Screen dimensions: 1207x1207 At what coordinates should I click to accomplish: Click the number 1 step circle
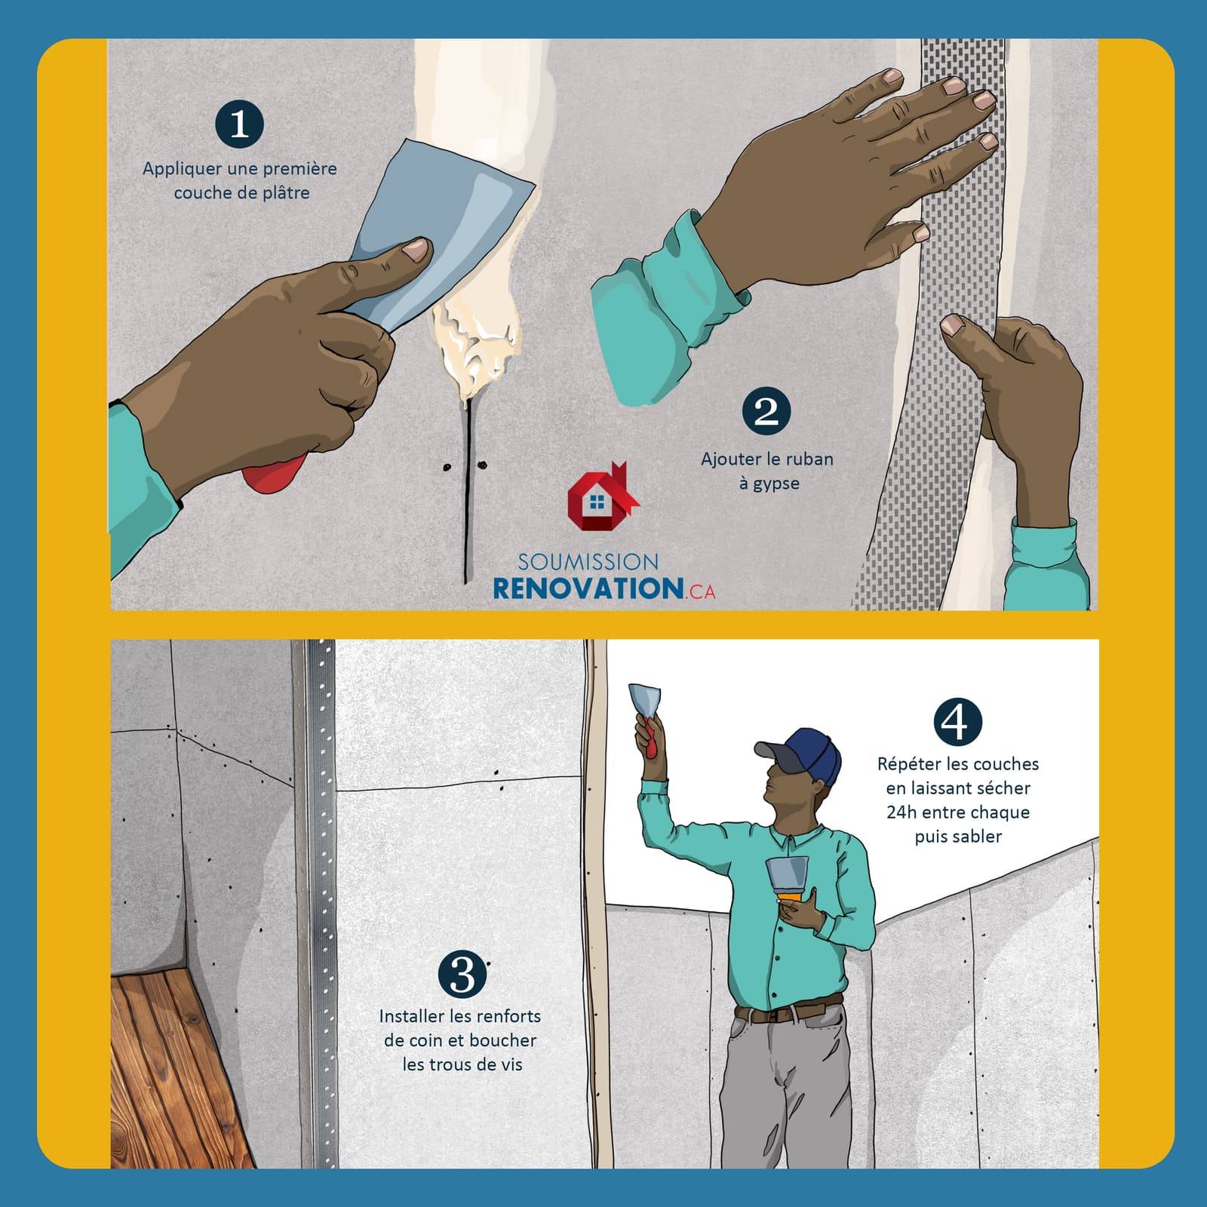239,124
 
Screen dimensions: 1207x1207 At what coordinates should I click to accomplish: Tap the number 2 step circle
766,412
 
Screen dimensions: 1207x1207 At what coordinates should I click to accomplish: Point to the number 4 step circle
957,722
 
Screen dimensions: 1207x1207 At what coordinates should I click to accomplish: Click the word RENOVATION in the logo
588,588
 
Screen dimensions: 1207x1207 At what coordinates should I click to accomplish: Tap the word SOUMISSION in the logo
588,561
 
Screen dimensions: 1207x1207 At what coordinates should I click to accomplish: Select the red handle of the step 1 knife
275,473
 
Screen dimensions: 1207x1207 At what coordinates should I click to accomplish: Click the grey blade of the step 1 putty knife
441,226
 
